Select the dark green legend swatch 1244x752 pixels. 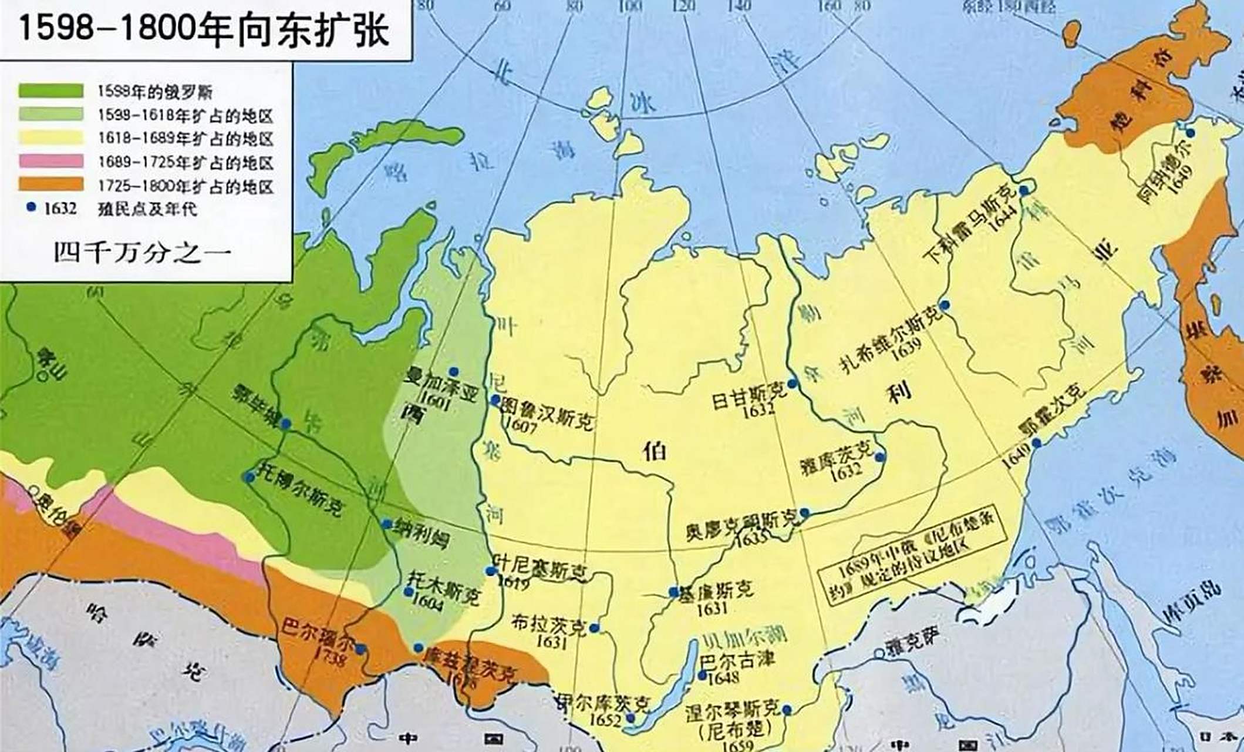coord(50,91)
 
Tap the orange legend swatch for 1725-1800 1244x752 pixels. coord(50,184)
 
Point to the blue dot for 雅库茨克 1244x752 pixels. coord(879,457)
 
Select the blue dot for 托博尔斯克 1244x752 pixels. coord(249,477)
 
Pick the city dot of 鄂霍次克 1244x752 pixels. coord(1036,442)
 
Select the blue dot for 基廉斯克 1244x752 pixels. coord(673,592)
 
